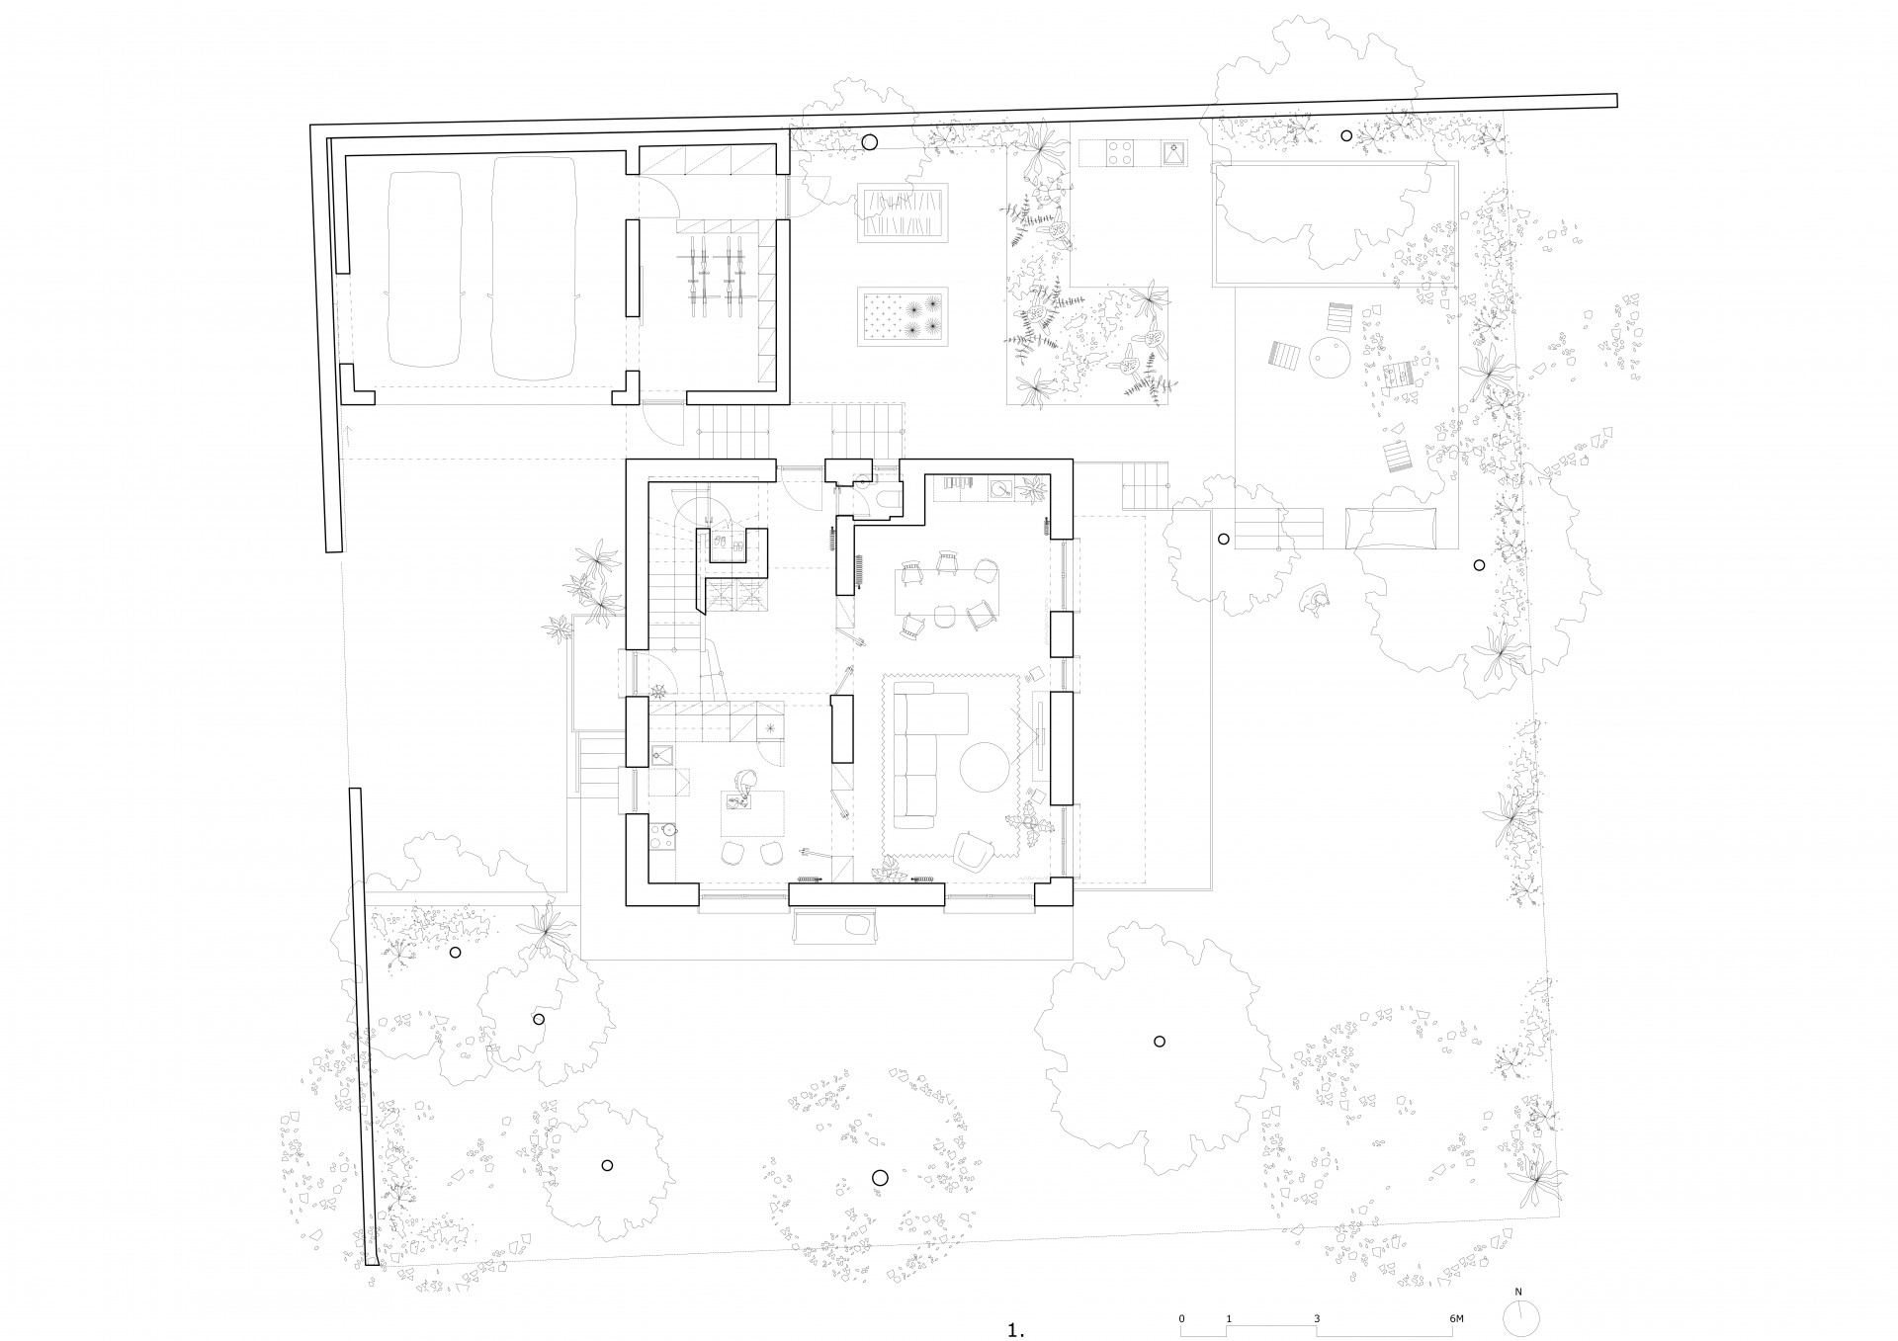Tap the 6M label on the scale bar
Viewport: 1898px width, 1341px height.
tap(1456, 1264)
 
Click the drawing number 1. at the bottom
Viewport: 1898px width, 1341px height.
tap(1017, 1302)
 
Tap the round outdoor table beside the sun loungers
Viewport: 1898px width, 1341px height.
tap(1330, 357)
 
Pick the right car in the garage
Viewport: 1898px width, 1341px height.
tap(534, 267)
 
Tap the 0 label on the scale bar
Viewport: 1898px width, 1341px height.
tap(1181, 1264)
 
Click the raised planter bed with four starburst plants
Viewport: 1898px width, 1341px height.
tap(904, 317)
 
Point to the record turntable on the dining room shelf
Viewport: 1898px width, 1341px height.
tap(1002, 487)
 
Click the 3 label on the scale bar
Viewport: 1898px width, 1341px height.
tap(1317, 1264)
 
